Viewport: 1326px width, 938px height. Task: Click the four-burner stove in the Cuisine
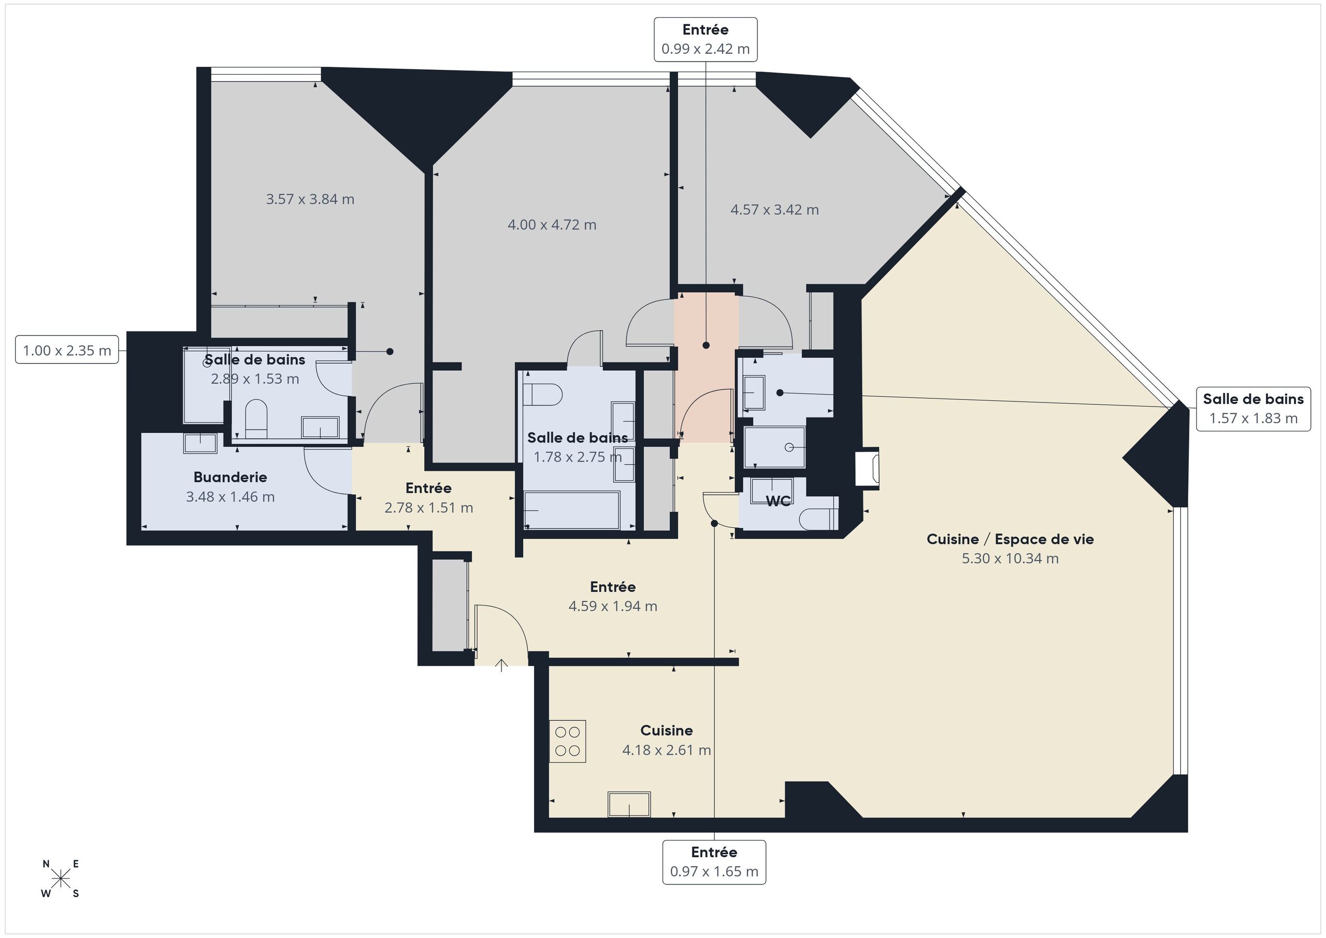(567, 741)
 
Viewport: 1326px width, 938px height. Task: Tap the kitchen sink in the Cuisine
(629, 804)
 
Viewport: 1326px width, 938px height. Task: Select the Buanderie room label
(230, 477)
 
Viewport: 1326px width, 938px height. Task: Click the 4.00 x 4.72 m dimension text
(552, 225)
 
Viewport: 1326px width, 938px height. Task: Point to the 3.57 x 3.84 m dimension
(310, 199)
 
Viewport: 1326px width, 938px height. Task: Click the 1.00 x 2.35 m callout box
(67, 350)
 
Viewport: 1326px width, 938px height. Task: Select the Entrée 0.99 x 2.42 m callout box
(705, 39)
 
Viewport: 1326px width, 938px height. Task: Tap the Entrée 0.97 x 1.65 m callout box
(714, 862)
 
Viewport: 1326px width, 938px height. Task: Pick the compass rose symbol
(60, 879)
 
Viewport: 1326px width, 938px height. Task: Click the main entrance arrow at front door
(501, 666)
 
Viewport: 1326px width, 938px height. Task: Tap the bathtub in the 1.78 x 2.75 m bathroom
(572, 510)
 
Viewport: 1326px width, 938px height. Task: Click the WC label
(778, 501)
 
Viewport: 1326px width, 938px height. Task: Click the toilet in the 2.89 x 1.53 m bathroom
(256, 420)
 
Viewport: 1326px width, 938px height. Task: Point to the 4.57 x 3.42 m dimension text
(774, 210)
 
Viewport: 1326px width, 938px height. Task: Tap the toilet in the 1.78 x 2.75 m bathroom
(542, 395)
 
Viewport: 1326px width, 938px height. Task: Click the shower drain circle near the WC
(788, 448)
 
